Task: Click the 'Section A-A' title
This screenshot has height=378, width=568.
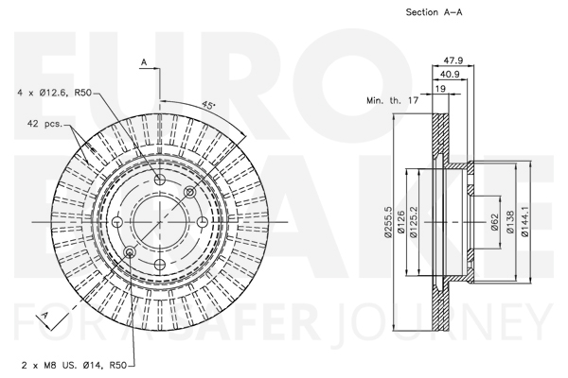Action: click(434, 12)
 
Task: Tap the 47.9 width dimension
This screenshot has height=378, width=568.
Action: click(453, 60)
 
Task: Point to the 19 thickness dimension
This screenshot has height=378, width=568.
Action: click(440, 89)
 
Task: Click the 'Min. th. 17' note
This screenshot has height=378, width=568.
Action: click(393, 100)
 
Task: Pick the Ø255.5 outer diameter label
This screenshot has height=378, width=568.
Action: click(388, 222)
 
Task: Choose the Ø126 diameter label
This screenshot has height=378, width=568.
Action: click(400, 222)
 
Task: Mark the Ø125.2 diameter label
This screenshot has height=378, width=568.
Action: click(414, 222)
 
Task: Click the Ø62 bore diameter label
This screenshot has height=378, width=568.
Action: click(495, 222)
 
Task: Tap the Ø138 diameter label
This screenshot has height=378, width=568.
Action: click(510, 222)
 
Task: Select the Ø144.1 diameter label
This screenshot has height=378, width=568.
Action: click(524, 222)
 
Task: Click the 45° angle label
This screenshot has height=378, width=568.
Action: click(208, 105)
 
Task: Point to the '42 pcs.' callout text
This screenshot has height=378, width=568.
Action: click(44, 124)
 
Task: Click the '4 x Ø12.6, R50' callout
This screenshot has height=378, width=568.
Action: click(54, 93)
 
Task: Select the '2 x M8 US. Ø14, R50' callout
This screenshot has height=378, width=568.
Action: click(74, 366)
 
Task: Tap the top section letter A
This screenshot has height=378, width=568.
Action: click(144, 62)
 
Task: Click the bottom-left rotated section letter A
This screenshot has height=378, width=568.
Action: click(44, 315)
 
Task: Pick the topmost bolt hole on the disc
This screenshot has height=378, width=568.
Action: click(160, 180)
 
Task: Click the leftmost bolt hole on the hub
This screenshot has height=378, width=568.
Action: click(117, 222)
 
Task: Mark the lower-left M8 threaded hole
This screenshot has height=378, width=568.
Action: click(130, 251)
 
